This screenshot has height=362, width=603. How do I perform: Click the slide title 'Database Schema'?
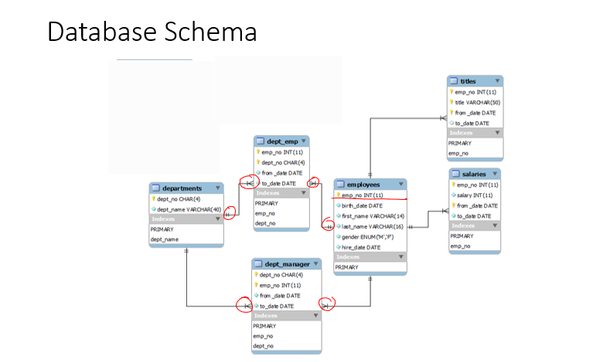tap(152, 32)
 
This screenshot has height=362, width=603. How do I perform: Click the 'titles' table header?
tap(468, 81)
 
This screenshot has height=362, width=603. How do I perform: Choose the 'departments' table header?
tap(182, 188)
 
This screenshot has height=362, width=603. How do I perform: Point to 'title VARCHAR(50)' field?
tap(477, 102)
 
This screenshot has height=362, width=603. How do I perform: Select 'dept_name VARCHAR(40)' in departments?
tap(189, 209)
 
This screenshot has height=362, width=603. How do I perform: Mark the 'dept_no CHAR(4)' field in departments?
tap(179, 198)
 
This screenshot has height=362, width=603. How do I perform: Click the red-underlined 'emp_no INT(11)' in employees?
tap(362, 195)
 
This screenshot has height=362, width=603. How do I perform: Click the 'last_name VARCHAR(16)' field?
tap(373, 227)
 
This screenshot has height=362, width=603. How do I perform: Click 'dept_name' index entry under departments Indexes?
tap(164, 240)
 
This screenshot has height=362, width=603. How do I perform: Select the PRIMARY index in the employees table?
tap(346, 267)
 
